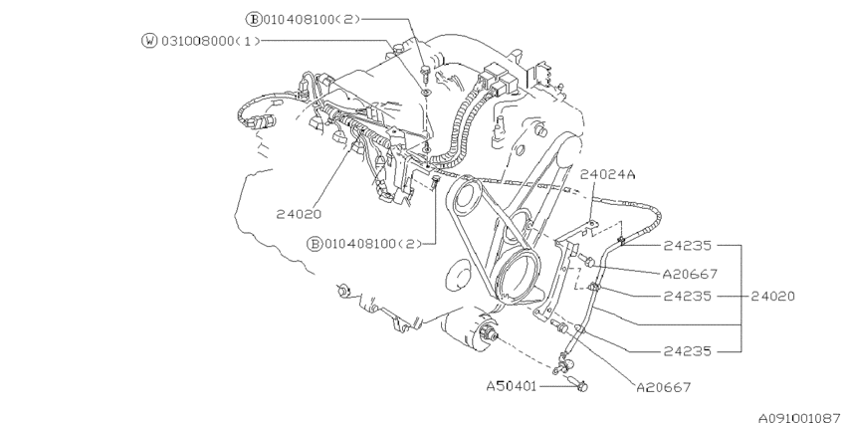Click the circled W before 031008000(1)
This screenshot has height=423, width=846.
150,41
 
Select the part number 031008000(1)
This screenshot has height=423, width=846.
197,41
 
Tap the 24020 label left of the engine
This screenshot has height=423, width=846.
299,212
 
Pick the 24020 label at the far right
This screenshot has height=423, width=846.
772,296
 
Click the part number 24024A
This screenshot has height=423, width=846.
607,173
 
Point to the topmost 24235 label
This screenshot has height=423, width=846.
688,243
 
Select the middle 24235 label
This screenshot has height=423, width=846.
688,296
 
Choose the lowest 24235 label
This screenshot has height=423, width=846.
688,350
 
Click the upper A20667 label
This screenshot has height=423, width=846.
688,272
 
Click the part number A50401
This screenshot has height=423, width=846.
512,383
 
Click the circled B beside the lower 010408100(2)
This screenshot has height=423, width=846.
316,243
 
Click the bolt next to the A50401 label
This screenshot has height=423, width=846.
581,383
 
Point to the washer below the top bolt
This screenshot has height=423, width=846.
426,91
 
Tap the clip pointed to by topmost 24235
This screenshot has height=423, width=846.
619,238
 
